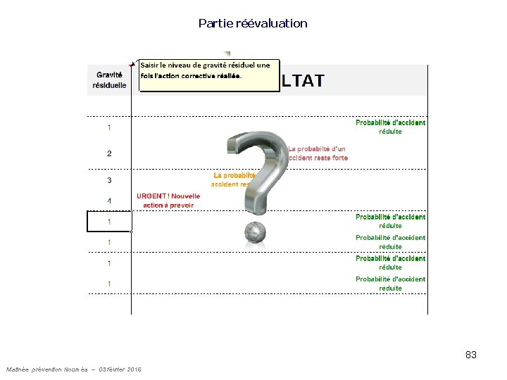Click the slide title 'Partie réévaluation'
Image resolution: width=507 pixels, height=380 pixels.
click(x=253, y=23)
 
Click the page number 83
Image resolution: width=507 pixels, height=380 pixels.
click(x=471, y=355)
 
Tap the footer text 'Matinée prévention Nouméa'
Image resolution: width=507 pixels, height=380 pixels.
click(x=46, y=369)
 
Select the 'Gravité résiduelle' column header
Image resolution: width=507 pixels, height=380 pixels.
click(x=109, y=80)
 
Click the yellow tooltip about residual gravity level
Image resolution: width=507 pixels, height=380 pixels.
click(x=208, y=75)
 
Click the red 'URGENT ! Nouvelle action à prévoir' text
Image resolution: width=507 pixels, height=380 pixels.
click(x=168, y=201)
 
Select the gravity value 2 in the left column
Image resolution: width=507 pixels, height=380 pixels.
click(x=109, y=153)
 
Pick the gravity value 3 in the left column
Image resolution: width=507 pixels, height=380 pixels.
click(x=109, y=179)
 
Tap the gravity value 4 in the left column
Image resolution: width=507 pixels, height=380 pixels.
click(x=109, y=201)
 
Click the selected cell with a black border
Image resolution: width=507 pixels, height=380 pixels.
click(x=109, y=222)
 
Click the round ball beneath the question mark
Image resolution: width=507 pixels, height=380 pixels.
click(x=254, y=233)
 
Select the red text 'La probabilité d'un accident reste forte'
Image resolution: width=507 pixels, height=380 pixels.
click(x=318, y=153)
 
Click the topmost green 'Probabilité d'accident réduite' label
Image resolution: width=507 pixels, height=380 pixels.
click(x=390, y=127)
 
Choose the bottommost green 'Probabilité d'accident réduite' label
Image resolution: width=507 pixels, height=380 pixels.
click(x=390, y=284)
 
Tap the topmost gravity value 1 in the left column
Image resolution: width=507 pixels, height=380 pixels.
click(x=109, y=127)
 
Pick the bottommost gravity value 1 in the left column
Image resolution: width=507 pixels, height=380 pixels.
click(x=109, y=284)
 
